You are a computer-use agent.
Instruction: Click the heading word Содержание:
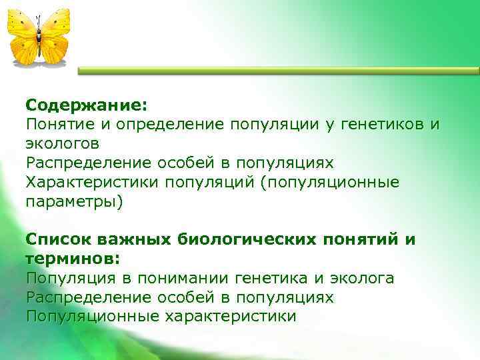[x=87, y=105]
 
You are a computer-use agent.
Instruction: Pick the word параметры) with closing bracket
[x=75, y=201]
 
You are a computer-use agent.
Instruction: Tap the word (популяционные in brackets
[x=329, y=182]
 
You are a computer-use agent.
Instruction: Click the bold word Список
[x=59, y=239]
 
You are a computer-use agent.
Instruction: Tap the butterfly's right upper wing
[x=55, y=25]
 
